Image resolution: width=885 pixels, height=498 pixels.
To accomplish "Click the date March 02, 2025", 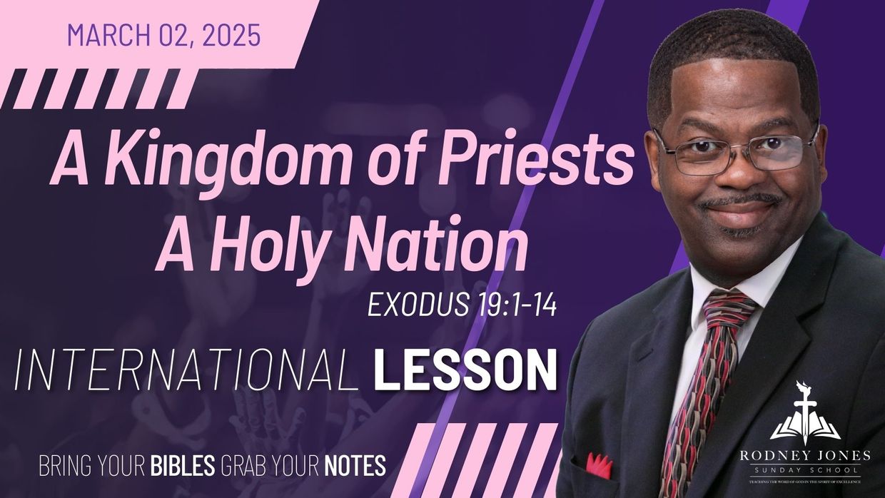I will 163,35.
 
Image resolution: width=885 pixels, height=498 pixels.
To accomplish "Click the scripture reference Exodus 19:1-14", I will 461,305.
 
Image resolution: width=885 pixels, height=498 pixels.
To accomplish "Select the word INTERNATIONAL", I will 186,371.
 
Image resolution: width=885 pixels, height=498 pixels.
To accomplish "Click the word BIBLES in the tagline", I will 183,465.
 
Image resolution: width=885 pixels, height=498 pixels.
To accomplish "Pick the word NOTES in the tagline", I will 355,465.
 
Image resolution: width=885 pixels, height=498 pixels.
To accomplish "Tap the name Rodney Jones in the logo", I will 804,455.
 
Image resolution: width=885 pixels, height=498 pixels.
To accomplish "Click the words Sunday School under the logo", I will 804,471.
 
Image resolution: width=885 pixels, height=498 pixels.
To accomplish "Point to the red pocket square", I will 599,465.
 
